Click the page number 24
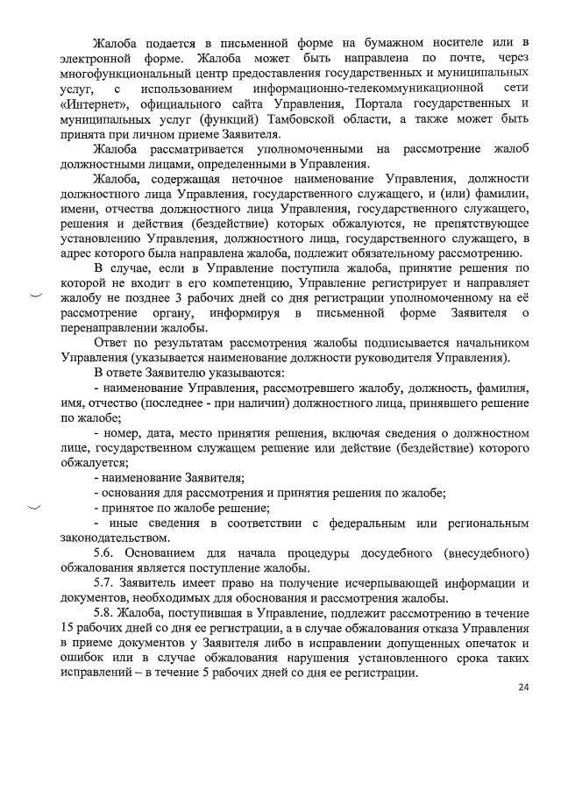point(523,688)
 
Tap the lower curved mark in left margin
point(35,508)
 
